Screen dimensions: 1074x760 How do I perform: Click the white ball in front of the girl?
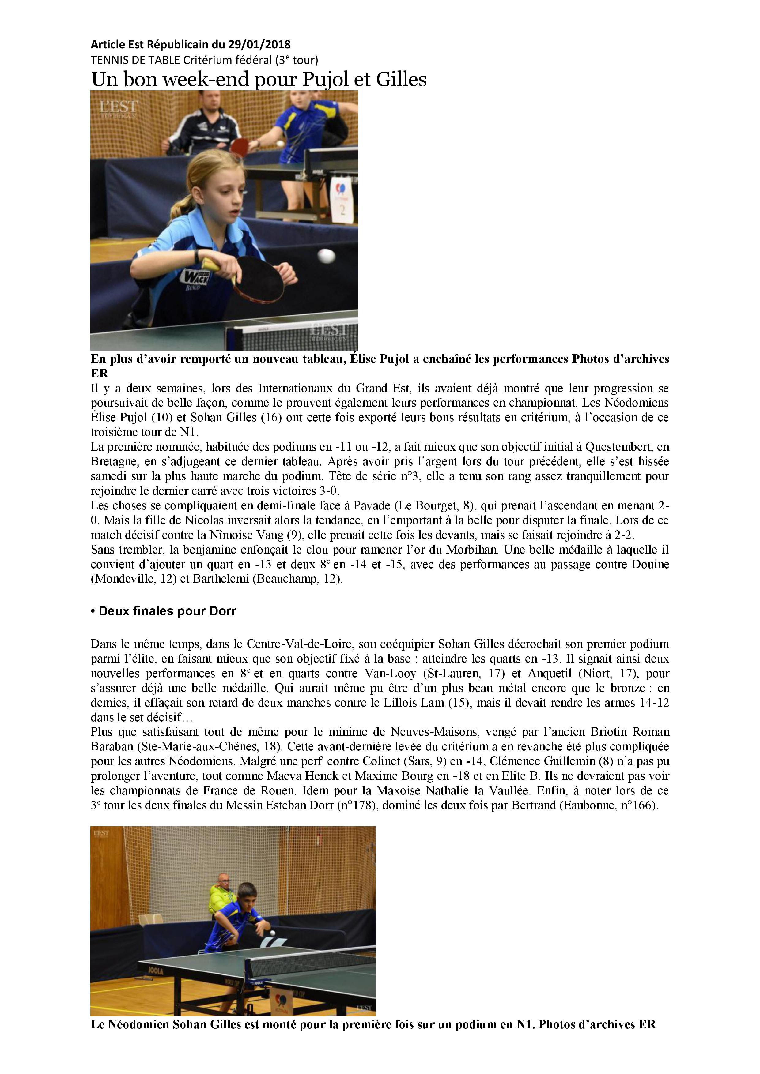[x=326, y=256]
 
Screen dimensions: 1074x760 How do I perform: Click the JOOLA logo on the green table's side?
[x=156, y=971]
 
